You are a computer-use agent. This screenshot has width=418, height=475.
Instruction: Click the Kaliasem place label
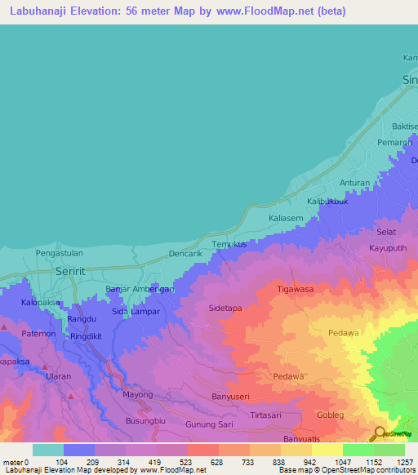click(286, 218)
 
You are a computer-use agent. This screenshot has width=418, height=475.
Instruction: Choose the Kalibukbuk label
click(327, 201)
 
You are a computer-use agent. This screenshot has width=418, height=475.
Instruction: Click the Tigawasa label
click(295, 289)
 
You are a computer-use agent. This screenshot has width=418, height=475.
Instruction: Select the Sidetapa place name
click(228, 309)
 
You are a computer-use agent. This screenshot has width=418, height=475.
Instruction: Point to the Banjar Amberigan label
click(140, 290)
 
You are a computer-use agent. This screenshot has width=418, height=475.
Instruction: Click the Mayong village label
click(137, 394)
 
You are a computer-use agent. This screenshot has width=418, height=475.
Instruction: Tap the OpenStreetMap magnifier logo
click(380, 434)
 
